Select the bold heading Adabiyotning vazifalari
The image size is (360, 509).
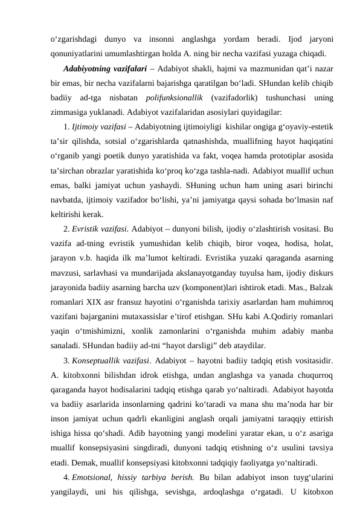point(104,68)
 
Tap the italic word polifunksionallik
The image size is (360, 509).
point(175,97)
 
